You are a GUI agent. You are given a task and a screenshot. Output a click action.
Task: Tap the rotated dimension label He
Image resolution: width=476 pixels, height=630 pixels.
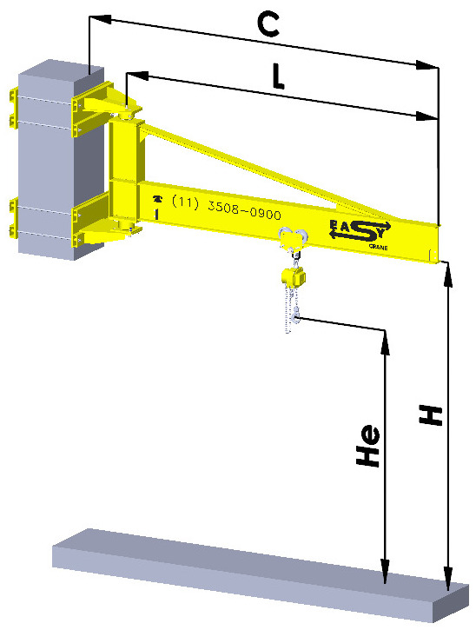369,447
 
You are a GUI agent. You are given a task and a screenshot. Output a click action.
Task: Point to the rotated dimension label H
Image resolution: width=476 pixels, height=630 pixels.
429,414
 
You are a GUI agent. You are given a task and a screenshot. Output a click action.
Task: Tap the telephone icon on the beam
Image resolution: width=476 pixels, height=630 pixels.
157,198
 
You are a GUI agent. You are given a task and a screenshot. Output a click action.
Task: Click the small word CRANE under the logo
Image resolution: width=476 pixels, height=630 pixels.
380,248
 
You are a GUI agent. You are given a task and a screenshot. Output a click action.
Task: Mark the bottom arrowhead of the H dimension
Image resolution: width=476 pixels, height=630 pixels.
447,581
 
